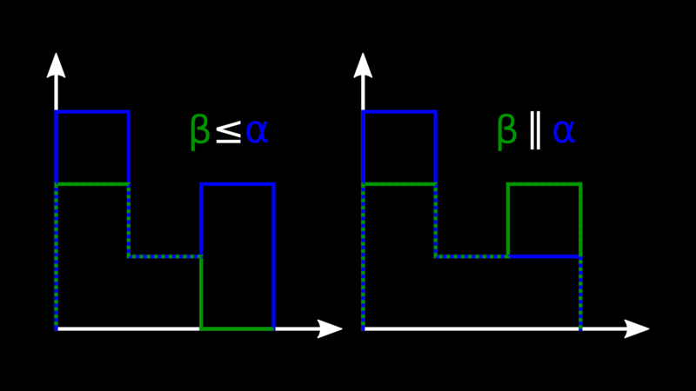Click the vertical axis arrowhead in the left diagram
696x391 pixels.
(56, 66)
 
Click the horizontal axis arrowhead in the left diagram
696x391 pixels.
(330, 329)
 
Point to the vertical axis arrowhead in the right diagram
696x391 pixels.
(363, 66)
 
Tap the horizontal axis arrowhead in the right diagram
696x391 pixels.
(637, 329)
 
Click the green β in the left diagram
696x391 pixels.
(200, 132)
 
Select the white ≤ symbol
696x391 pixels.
(229, 132)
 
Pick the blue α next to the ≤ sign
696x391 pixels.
(257, 132)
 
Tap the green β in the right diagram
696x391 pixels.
(507, 132)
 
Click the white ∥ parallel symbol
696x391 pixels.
(535, 132)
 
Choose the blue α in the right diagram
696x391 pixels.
(564, 132)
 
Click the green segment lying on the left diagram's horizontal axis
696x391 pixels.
(238, 329)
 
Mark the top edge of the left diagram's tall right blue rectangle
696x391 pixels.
(238, 184)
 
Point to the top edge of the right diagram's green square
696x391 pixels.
(545, 184)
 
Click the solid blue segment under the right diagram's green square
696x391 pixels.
(545, 256)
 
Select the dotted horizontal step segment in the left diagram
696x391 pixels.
(164, 256)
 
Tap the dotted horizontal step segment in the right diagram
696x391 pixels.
(472, 256)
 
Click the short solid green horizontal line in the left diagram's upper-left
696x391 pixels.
(92, 184)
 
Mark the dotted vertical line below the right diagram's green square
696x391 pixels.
(580, 293)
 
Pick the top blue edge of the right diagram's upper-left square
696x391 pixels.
(399, 112)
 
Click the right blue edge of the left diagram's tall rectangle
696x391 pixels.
(274, 256)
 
